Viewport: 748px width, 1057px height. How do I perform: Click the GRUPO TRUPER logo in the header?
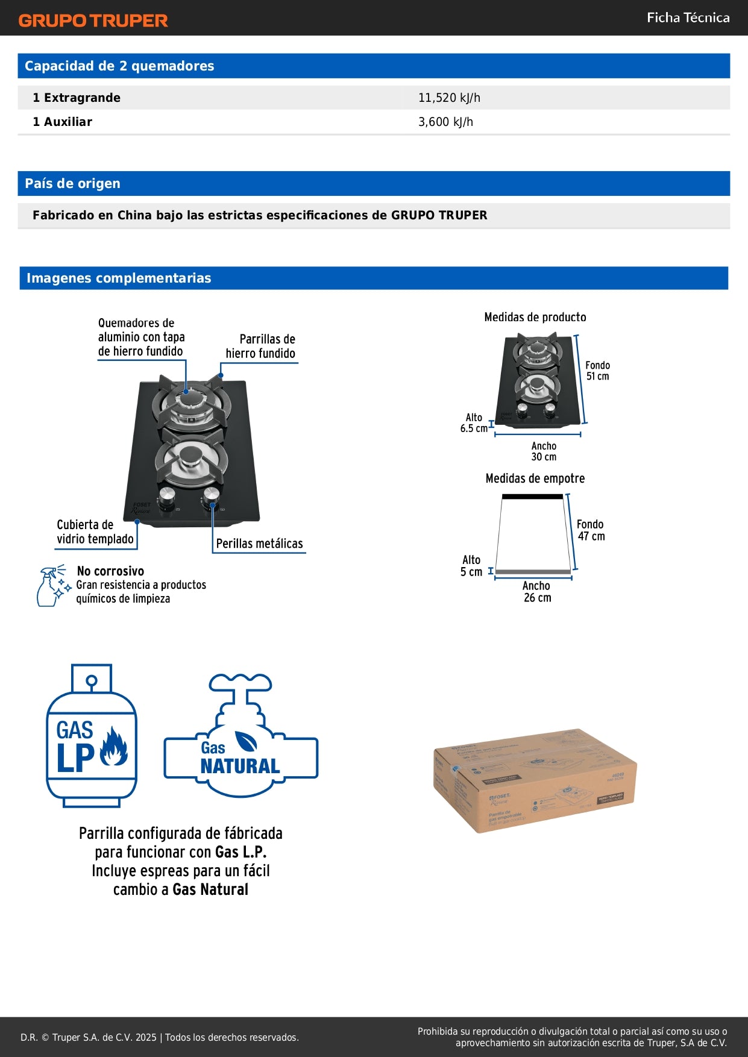93,20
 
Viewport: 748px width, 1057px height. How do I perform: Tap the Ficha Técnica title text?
688,17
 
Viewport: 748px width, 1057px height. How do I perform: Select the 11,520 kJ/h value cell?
449,98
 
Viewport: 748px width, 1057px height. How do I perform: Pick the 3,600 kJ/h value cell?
445,122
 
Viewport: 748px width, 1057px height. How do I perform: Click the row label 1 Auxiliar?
62,122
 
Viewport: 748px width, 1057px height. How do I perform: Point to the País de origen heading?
72,183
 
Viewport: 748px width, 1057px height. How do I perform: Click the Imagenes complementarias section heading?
118,278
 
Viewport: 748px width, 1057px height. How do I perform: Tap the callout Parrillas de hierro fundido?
261,347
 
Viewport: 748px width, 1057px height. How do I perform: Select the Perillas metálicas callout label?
259,544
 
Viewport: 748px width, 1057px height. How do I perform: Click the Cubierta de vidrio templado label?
95,532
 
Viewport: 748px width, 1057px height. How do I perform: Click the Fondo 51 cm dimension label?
597,371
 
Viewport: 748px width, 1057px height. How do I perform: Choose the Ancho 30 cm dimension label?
544,451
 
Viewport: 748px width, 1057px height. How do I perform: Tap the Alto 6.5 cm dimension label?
474,423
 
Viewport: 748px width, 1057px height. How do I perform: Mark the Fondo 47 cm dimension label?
591,530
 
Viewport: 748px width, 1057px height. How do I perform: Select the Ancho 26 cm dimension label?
537,592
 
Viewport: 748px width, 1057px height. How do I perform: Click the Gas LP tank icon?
92,736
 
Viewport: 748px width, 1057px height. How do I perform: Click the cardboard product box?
535,780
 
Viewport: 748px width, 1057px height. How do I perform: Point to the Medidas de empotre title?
535,478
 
